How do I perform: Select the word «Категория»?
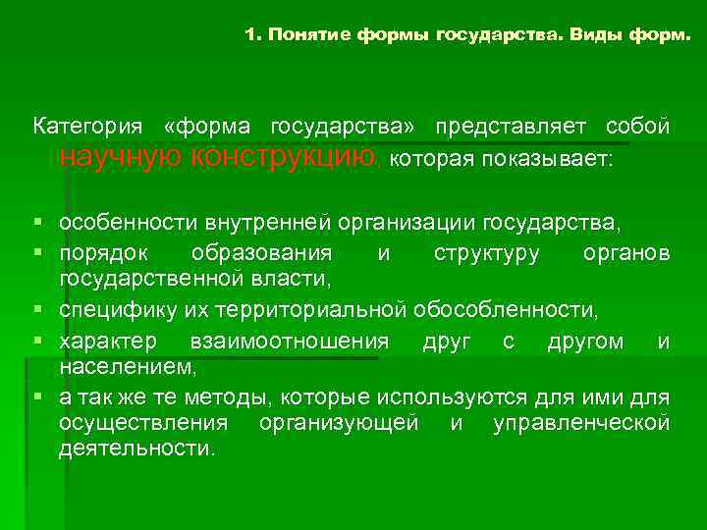[x=86, y=128]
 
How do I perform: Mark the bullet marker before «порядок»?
[x=37, y=253]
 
